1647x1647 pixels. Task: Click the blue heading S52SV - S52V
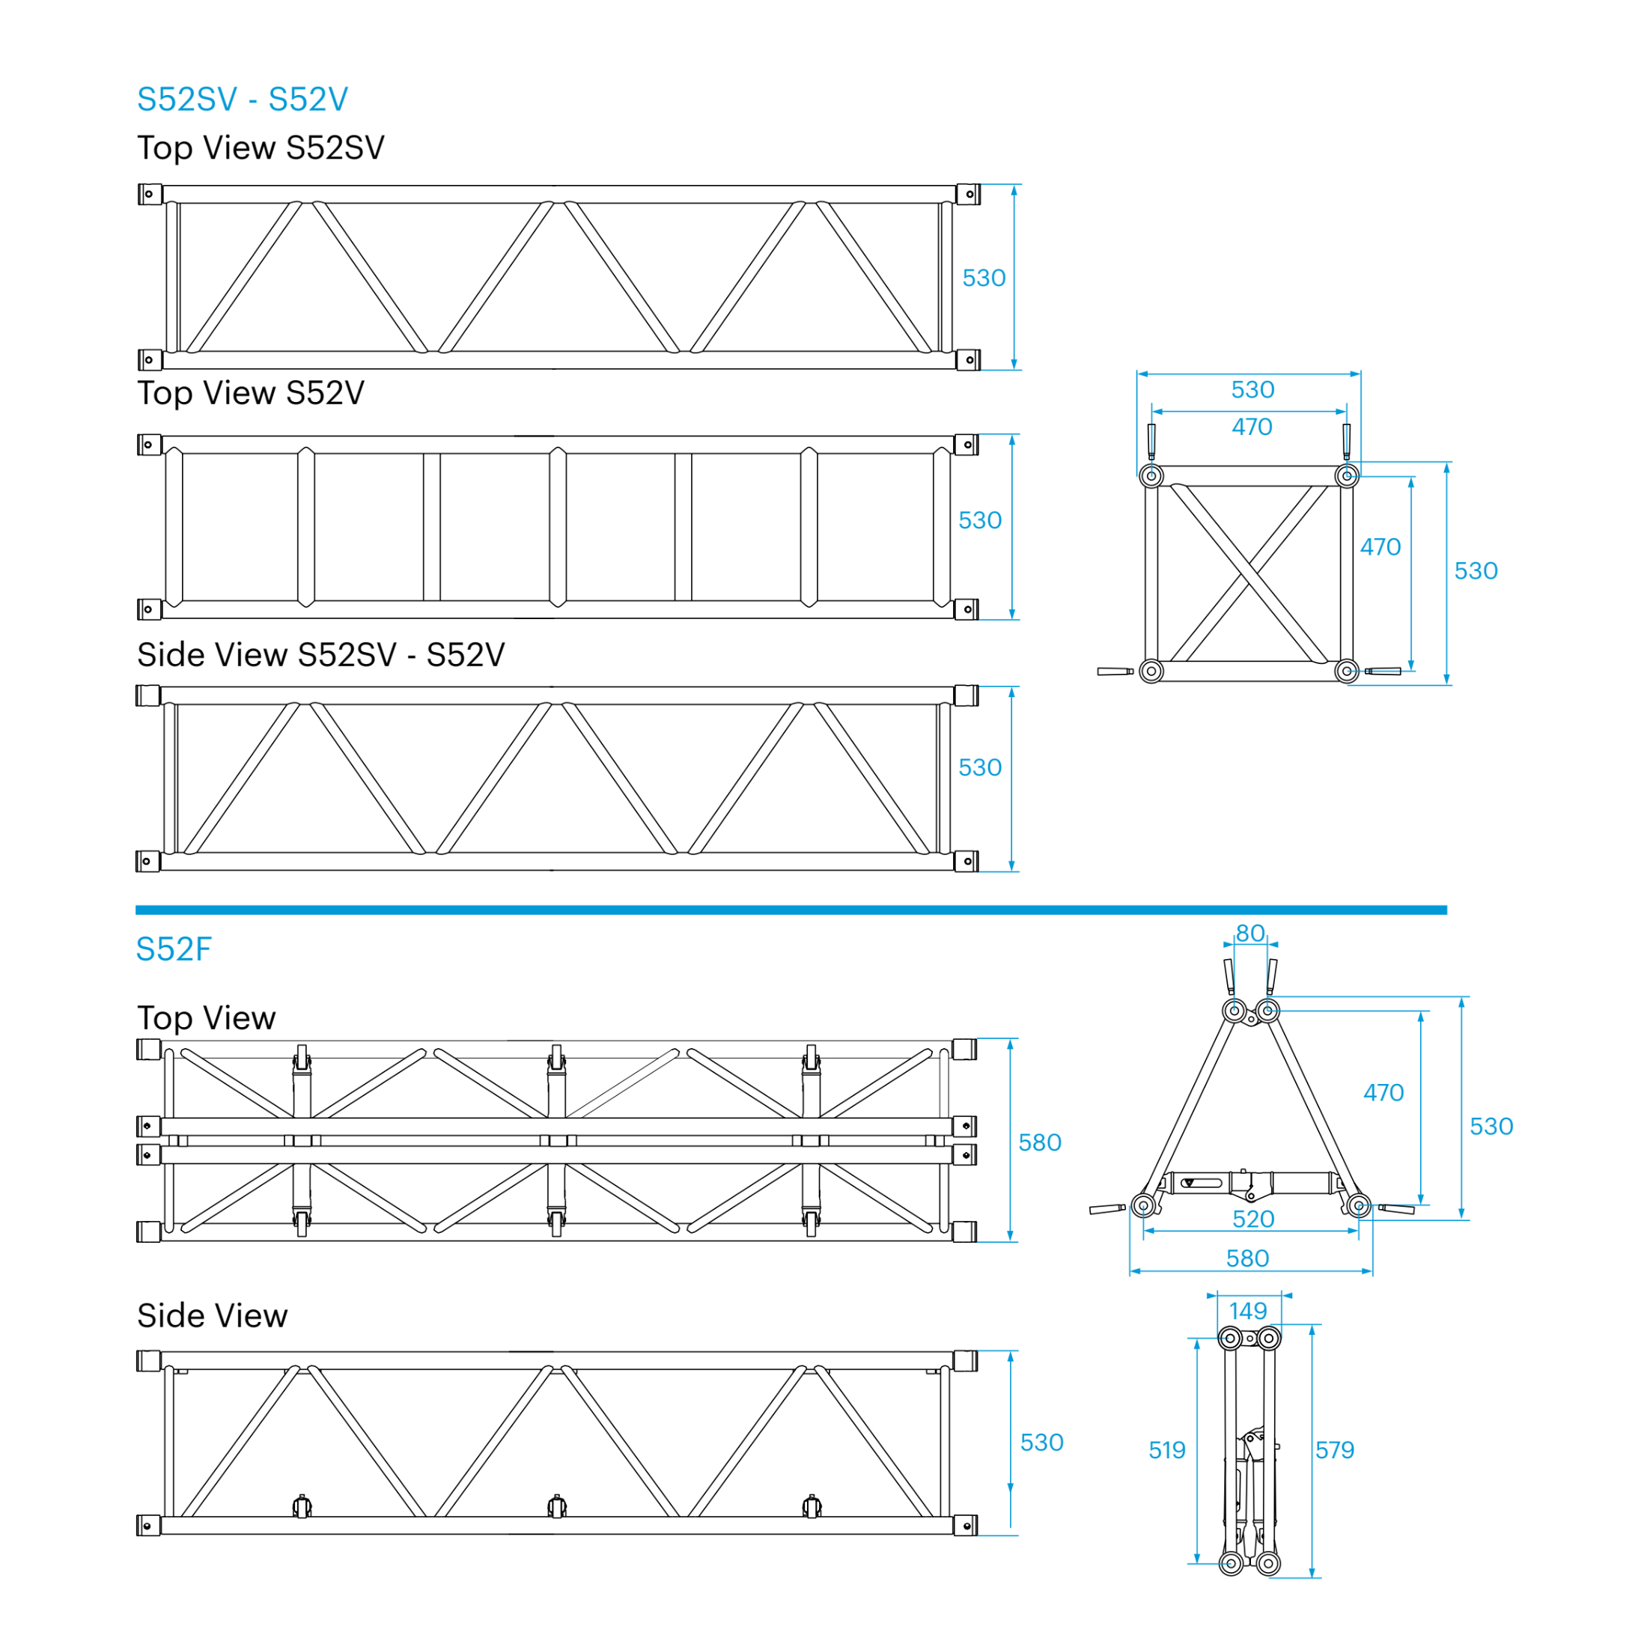[x=242, y=100]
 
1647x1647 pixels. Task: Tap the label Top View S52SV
[x=261, y=148]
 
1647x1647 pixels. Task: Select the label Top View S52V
[x=251, y=393]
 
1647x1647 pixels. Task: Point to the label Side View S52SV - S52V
[x=320, y=655]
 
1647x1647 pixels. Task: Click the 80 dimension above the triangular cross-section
[x=1249, y=934]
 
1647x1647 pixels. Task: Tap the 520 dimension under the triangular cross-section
[x=1253, y=1219]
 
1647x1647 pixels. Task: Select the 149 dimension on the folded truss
[x=1248, y=1311]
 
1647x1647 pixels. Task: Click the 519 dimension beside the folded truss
[x=1167, y=1450]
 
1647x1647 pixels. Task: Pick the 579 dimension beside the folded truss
[x=1334, y=1450]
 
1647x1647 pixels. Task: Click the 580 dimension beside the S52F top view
[x=1040, y=1142]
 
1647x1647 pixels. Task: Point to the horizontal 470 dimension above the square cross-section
[x=1252, y=427]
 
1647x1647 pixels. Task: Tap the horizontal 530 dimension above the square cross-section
[x=1252, y=389]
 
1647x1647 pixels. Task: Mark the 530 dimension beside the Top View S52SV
[x=984, y=278]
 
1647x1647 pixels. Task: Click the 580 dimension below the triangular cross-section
[x=1247, y=1258]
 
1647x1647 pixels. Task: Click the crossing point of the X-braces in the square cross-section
[x=1249, y=573]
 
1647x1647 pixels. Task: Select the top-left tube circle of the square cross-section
[x=1151, y=475]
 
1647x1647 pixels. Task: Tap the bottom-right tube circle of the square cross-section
[x=1347, y=671]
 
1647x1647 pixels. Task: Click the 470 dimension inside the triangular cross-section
[x=1383, y=1093]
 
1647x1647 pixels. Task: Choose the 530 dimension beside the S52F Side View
[x=1042, y=1443]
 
